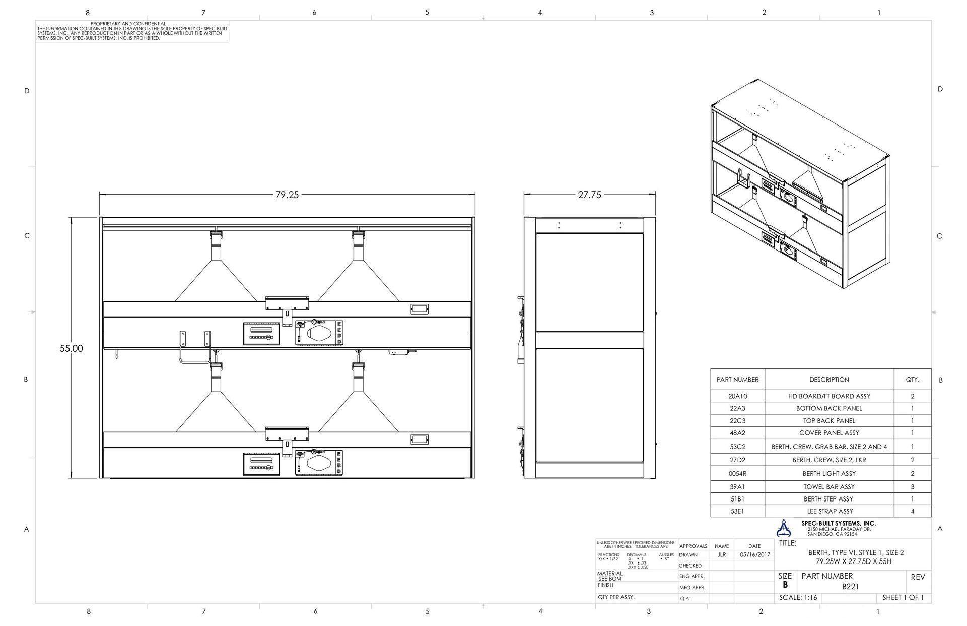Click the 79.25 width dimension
click(287, 195)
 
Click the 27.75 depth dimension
click(589, 195)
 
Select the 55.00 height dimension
click(71, 348)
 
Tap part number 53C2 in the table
click(737, 447)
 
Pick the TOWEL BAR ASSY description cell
click(829, 487)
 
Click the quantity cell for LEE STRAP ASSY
click(912, 511)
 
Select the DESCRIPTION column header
click(829, 380)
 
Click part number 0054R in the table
click(737, 474)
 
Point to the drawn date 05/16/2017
click(755, 555)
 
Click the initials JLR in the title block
click(721, 555)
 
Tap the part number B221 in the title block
click(851, 587)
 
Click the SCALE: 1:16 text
click(798, 598)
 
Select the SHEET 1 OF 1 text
click(903, 598)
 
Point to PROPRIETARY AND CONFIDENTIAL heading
click(128, 24)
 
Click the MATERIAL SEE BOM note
click(610, 576)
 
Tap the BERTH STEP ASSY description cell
click(829, 499)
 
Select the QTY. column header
click(912, 380)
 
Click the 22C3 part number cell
click(737, 421)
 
